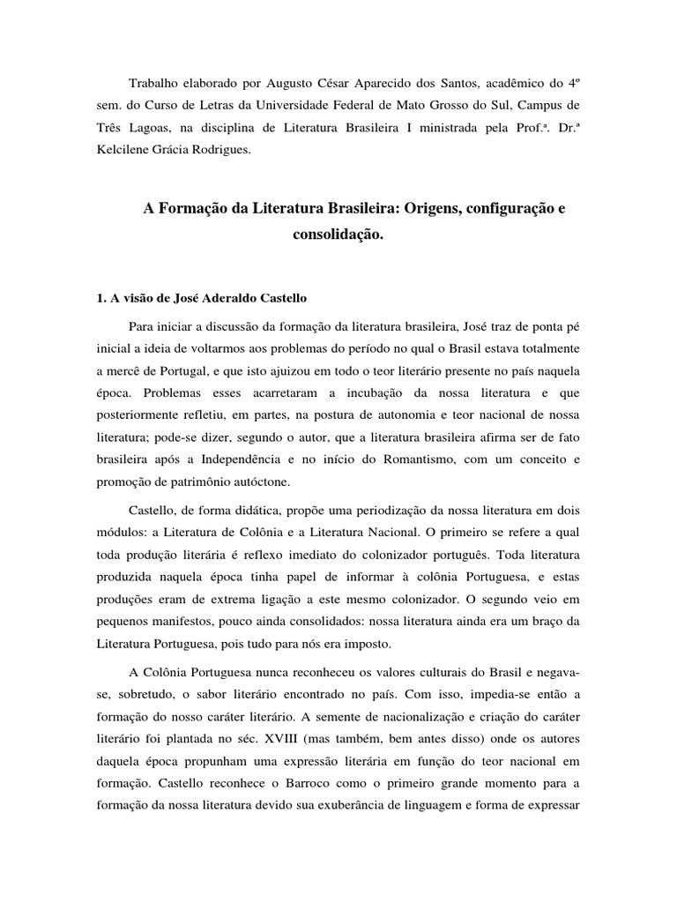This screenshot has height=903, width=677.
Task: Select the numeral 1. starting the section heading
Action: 101,299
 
